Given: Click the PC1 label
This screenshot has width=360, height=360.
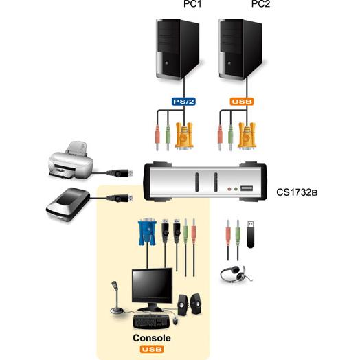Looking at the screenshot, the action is [x=192, y=4].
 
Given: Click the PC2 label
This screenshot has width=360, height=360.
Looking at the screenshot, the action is [x=260, y=4].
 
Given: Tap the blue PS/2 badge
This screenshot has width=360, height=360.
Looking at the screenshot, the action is [x=183, y=102].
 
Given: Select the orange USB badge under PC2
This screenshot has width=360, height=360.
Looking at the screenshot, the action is [x=242, y=102].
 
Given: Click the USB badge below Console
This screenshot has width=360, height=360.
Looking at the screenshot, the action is [x=152, y=349].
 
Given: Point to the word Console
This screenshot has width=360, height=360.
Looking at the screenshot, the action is [x=152, y=338].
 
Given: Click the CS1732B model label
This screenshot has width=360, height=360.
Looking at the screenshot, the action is [x=297, y=192].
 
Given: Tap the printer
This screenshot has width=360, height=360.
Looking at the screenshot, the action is [x=71, y=160].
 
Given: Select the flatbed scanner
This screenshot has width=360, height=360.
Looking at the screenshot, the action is [x=68, y=204].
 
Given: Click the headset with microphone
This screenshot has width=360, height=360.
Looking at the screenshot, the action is [x=236, y=274].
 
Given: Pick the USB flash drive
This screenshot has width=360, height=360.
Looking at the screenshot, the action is [x=251, y=234].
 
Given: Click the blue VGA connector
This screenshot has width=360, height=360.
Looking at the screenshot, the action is [x=147, y=232].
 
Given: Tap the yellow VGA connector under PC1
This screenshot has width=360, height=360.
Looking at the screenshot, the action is [x=184, y=137].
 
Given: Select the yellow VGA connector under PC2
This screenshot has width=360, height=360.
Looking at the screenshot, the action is [x=247, y=137].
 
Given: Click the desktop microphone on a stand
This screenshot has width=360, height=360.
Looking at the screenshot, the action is [x=117, y=297].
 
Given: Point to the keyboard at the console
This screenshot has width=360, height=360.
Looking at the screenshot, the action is [x=152, y=322].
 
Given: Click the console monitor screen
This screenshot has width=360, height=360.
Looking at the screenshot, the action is [x=152, y=285].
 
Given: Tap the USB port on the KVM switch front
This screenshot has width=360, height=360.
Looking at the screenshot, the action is [x=247, y=188].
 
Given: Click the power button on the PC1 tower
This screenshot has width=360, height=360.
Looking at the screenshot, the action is [x=166, y=63].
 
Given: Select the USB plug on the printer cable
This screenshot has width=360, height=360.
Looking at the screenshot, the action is [x=120, y=173].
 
